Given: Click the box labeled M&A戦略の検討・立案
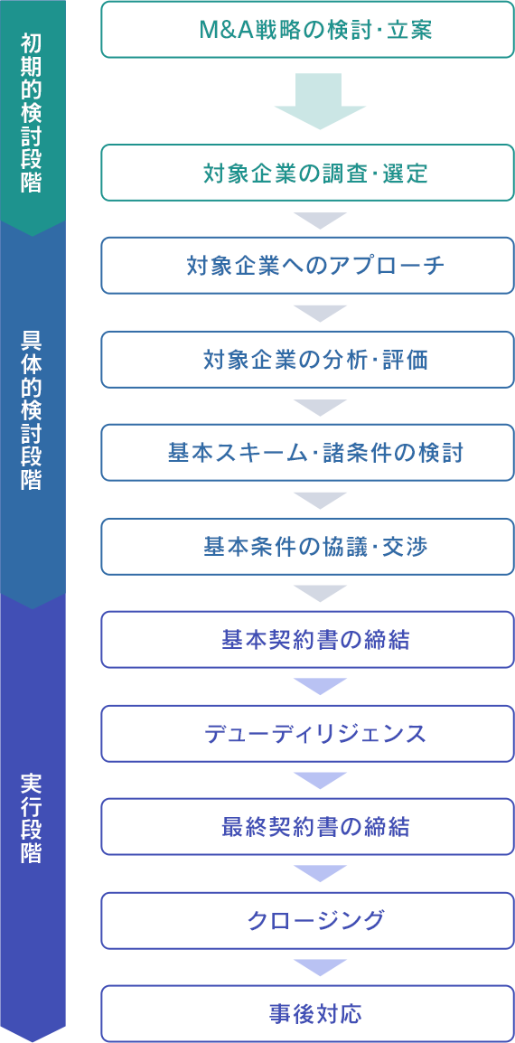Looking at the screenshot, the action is tap(307, 29).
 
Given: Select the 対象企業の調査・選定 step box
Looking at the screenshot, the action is tap(307, 173).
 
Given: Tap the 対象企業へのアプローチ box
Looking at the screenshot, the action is tap(307, 266).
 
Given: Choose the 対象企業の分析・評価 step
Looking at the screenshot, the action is tap(307, 359).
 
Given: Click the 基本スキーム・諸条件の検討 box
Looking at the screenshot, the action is tap(307, 452).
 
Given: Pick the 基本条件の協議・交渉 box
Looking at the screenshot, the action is tap(307, 546).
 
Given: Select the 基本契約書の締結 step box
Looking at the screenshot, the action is tap(307, 639).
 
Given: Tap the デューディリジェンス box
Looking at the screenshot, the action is tap(307, 733).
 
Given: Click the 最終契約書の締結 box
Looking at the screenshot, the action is tap(307, 826).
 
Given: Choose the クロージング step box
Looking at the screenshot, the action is tap(307, 920).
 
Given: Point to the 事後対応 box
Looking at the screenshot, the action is tap(307, 1013).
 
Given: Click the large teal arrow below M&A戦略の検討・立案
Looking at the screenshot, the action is tap(320, 99).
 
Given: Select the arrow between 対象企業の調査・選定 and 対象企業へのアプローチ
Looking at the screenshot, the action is tap(320, 221).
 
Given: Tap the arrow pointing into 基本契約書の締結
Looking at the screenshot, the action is tap(320, 593).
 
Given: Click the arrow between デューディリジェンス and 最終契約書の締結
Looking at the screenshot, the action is tap(320, 780).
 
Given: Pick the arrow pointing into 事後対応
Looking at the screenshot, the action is tap(320, 967).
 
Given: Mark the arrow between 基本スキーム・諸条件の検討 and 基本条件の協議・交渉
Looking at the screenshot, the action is tap(320, 500).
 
